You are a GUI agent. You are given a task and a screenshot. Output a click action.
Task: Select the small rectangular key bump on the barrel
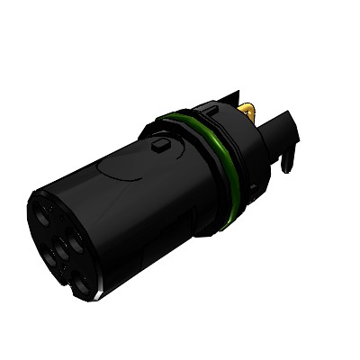click(x=162, y=144)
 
